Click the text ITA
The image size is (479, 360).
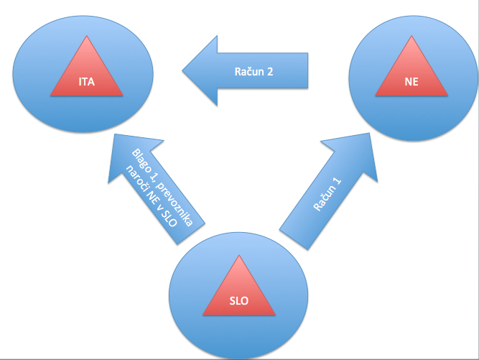86,81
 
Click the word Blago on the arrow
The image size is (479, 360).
140,159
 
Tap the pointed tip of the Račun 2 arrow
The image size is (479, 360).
183,71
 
